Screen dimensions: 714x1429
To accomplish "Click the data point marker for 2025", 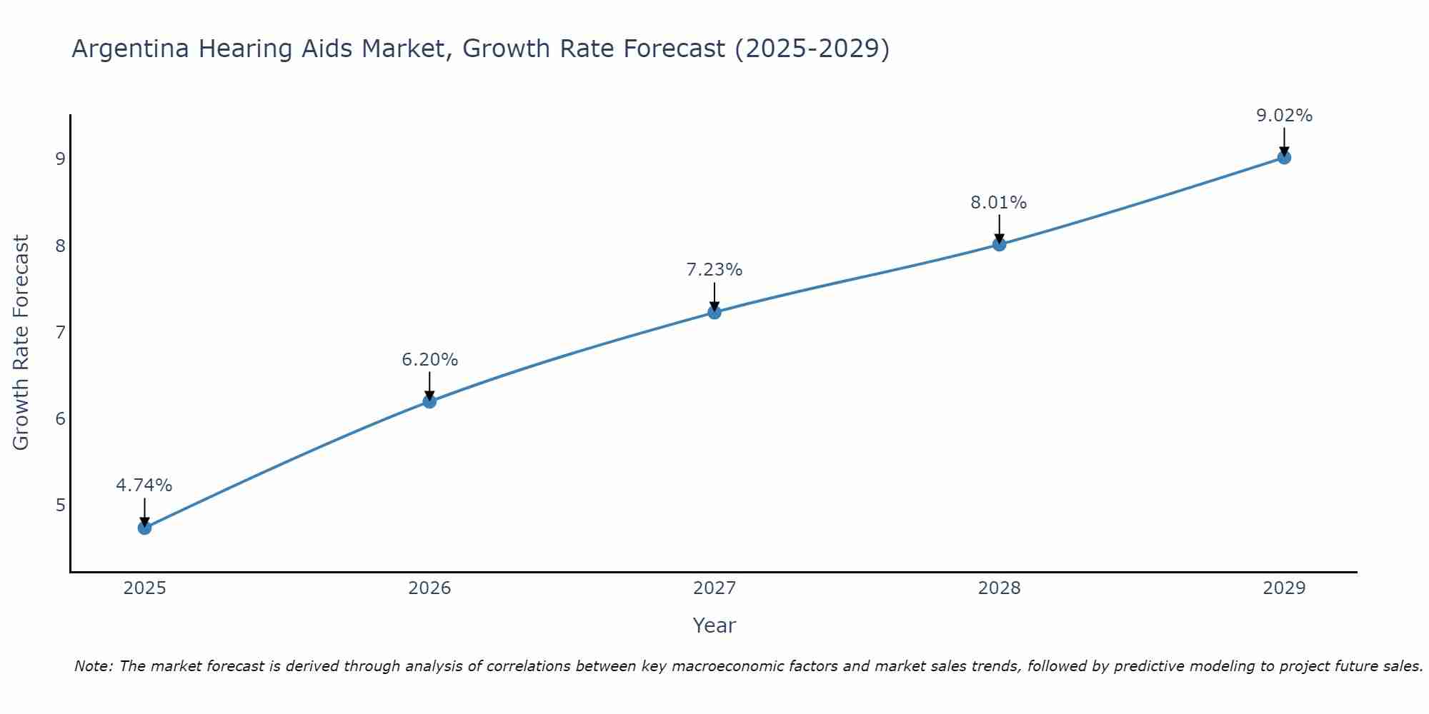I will point(144,528).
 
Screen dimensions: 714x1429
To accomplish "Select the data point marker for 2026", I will point(429,401).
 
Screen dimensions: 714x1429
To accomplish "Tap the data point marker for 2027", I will point(714,312).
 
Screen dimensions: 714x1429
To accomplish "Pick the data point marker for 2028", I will point(999,244).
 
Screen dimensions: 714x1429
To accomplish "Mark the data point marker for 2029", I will point(1284,157).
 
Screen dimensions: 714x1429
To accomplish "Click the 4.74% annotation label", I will point(144,486).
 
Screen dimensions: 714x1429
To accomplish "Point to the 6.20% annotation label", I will point(429,360).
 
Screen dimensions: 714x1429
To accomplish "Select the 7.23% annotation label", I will point(714,270).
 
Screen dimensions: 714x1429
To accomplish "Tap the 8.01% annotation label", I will point(999,203).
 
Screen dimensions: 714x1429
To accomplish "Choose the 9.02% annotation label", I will point(1284,116).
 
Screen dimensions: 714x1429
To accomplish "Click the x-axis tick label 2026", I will point(429,588).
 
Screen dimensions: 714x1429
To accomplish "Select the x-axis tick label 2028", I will point(999,588).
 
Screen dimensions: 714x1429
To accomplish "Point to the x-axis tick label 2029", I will point(1284,588).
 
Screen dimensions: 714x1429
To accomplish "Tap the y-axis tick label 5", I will point(60,506).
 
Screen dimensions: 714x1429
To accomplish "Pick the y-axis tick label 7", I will point(60,332).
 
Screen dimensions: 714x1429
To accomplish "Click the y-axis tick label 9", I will point(60,159).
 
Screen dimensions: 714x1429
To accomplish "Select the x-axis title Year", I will point(714,625).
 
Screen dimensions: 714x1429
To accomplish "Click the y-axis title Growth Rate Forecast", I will point(21,343).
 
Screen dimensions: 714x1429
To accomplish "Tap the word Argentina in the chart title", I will point(131,49).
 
